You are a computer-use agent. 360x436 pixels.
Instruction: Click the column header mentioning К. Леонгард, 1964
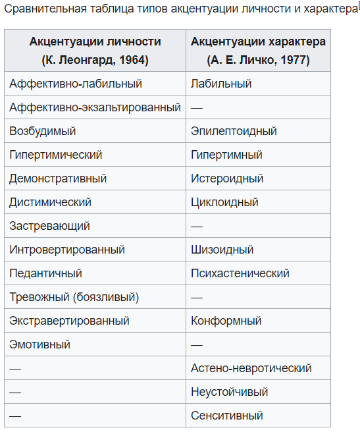[x=95, y=51]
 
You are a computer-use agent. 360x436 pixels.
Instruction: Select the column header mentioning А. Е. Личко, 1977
[x=258, y=51]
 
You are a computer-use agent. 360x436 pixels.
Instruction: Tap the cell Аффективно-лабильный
[x=76, y=84]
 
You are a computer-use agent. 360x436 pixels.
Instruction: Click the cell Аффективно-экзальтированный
[x=95, y=107]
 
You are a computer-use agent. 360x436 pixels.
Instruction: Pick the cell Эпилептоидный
[x=234, y=131]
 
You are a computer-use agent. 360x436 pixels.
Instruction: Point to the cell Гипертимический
[x=56, y=155]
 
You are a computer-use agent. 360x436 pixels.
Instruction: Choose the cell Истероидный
[x=227, y=178]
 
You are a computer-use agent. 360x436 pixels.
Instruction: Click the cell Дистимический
[x=50, y=202]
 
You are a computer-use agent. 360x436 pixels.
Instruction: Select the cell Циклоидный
[x=224, y=202]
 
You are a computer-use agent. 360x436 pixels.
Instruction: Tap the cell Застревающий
[x=49, y=226]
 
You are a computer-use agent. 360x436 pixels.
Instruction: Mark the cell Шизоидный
[x=222, y=250]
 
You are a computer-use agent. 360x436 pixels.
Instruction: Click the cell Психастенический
[x=240, y=273]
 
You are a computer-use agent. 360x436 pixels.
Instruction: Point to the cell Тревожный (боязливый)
[x=74, y=297]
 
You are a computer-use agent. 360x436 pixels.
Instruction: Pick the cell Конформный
[x=226, y=321]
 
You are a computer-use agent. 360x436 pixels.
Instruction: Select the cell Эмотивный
[x=39, y=344]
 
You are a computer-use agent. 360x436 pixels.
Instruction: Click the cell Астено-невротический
[x=251, y=368]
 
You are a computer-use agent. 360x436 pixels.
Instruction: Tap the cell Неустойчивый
[x=229, y=392]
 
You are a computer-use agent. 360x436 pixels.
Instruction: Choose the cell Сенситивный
[x=226, y=416]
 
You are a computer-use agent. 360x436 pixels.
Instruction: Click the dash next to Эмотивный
[x=196, y=344]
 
